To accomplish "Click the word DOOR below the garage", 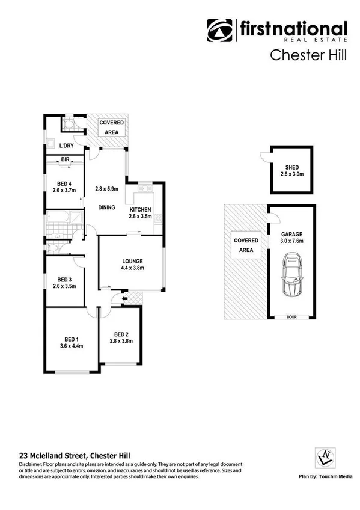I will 292,317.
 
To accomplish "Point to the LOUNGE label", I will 132,261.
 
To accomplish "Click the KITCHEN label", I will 141,209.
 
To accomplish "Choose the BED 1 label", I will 71,339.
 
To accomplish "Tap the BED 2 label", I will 122,334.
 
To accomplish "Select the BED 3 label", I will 65,280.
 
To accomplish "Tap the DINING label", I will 107,207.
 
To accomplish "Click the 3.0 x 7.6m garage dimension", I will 292,241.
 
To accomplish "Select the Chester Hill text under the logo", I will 307,55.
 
